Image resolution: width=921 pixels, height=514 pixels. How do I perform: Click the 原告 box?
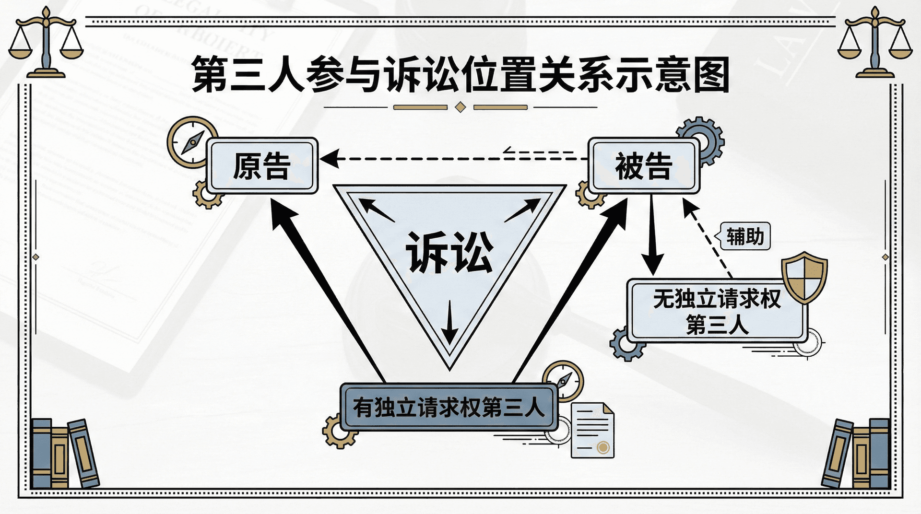(x=262, y=165)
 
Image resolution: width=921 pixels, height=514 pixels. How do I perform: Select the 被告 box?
(x=643, y=165)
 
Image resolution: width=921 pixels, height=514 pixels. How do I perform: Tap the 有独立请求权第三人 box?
(x=449, y=408)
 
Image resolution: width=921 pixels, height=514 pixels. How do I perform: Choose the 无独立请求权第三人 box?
(x=717, y=311)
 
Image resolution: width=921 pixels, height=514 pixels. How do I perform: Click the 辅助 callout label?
(x=744, y=236)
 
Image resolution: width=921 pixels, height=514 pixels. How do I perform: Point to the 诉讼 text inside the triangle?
(x=449, y=252)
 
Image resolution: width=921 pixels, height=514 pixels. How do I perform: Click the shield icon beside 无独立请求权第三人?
(x=804, y=277)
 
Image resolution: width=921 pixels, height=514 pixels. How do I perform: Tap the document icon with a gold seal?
(x=593, y=431)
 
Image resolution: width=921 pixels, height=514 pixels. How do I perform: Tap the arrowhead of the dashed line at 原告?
(x=330, y=159)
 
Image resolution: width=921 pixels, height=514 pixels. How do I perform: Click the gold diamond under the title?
(x=460, y=107)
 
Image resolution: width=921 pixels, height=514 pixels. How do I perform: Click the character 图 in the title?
(x=712, y=74)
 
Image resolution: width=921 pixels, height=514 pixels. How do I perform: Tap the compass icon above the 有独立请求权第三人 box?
(x=563, y=380)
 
